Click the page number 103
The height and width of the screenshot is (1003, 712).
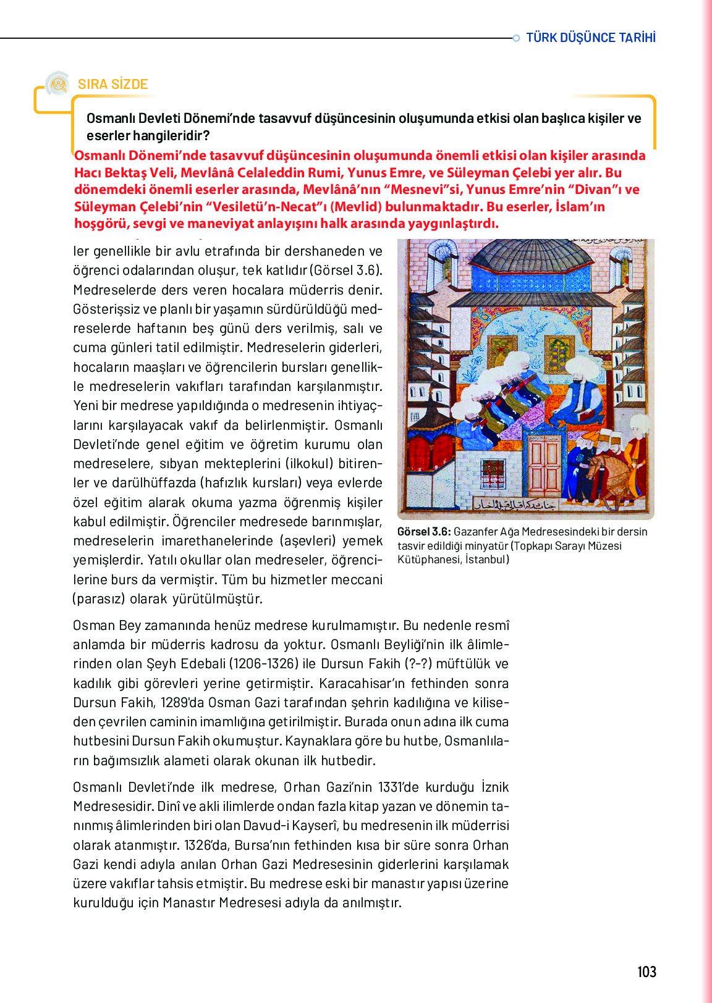(x=646, y=972)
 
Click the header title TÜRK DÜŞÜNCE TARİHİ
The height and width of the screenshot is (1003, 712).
(x=591, y=38)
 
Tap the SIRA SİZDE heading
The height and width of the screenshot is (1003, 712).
(x=112, y=84)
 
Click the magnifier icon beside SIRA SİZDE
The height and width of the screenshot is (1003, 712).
(x=59, y=84)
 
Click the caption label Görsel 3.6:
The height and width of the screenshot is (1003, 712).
(x=424, y=532)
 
